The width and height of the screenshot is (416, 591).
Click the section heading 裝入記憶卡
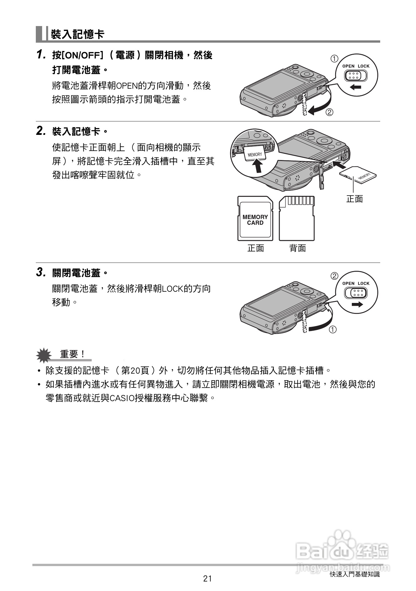[78, 35]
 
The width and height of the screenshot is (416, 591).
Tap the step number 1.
[41, 55]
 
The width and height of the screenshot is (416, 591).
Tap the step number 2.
[41, 131]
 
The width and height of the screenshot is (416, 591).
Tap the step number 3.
[41, 272]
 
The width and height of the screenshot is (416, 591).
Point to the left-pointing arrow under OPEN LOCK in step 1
[356, 87]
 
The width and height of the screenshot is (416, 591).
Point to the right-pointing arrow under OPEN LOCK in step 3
[357, 304]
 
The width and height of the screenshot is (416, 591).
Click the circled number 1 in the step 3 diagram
[332, 330]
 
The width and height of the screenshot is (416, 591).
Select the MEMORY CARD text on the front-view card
[255, 220]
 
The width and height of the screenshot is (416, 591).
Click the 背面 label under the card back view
[298, 248]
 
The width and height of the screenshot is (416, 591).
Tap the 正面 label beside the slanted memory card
[354, 199]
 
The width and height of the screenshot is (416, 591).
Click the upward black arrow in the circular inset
[258, 166]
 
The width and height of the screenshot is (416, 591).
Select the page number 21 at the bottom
[207, 579]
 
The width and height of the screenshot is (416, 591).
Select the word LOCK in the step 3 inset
[363, 283]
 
